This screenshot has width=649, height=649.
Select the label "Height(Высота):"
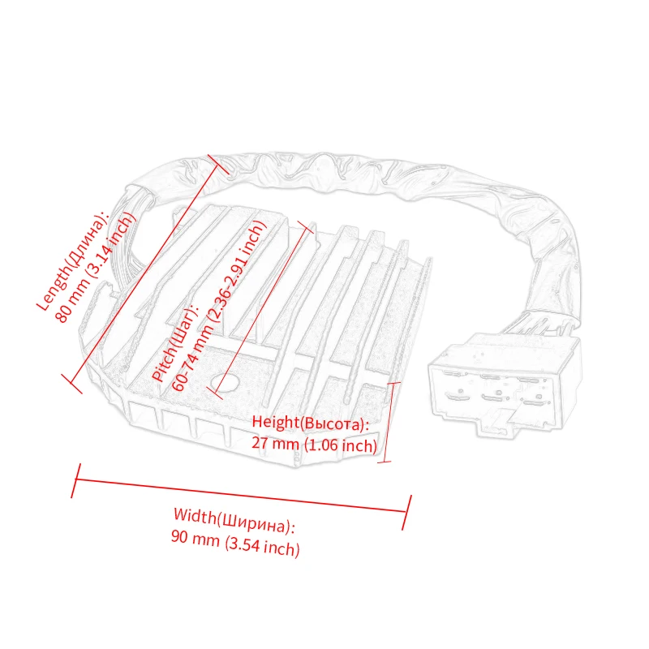(310, 423)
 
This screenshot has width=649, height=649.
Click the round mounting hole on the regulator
(224, 380)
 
